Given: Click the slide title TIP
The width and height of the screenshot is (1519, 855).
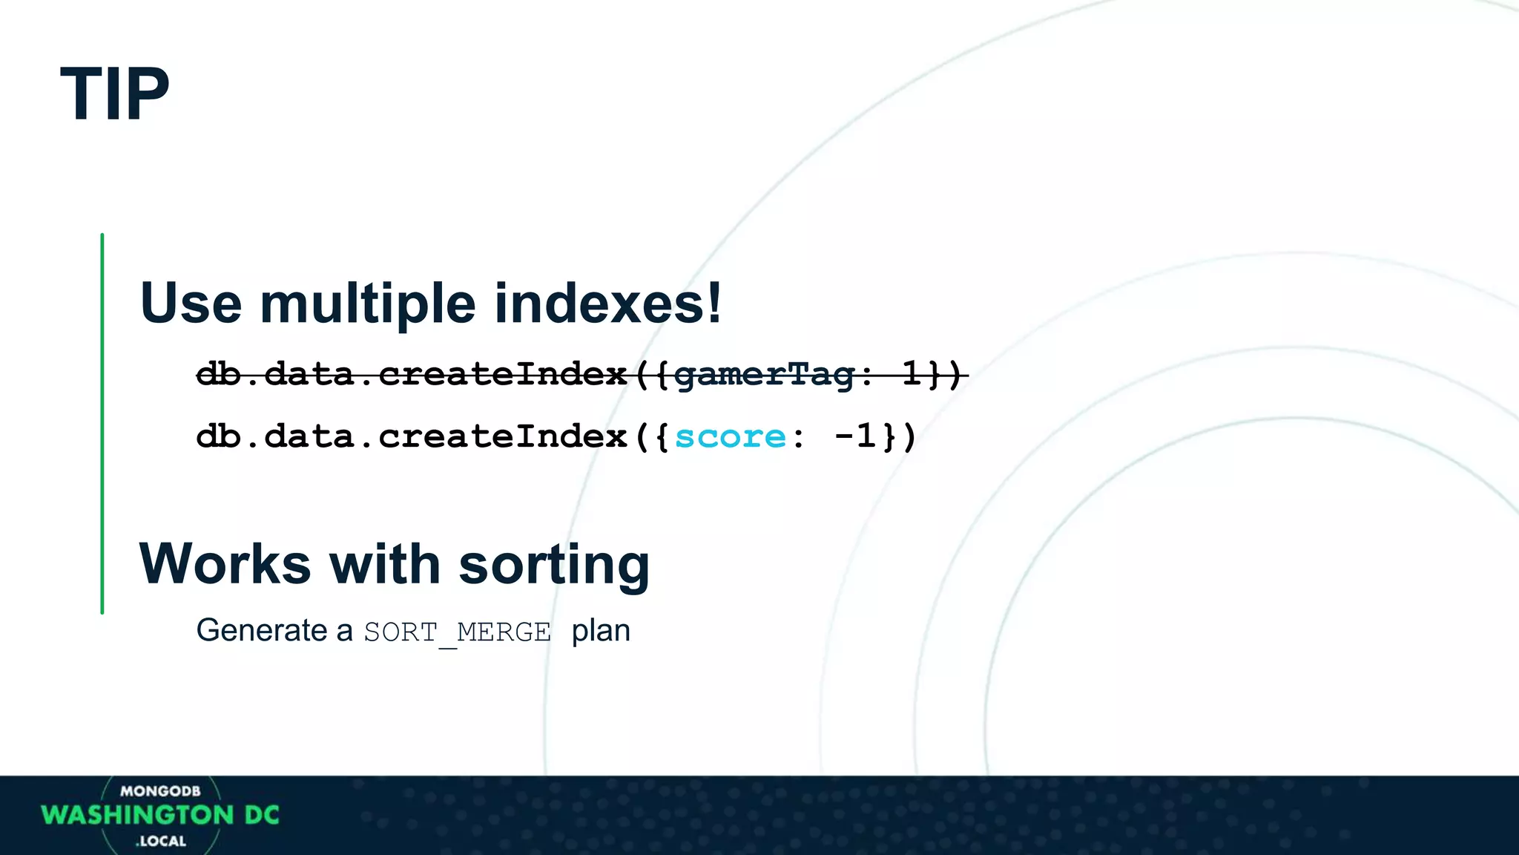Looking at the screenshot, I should [x=115, y=94].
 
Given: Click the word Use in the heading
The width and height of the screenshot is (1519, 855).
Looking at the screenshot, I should [x=191, y=303].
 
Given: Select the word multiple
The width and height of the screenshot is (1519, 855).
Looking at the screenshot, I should [x=367, y=303].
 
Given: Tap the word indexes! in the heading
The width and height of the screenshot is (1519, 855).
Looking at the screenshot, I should [x=607, y=303].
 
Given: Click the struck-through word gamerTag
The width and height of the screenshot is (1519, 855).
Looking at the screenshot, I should [x=764, y=374].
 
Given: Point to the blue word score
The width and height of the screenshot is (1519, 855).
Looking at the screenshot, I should [x=730, y=436].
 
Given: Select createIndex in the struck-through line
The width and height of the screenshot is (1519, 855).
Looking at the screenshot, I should [x=503, y=374].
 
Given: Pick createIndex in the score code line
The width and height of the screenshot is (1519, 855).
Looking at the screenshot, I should [x=503, y=436].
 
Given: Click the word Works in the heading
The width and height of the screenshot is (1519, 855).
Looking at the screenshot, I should [x=225, y=564].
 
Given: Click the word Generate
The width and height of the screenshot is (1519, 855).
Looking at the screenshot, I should [x=262, y=631].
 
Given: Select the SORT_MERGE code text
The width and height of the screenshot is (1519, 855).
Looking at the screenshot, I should [x=457, y=632].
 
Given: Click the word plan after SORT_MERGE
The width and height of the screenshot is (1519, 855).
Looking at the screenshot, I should [x=601, y=631].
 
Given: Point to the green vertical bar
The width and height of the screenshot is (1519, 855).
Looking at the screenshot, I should [x=102, y=423].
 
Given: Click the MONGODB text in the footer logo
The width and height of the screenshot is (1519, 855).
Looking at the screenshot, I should [x=160, y=791].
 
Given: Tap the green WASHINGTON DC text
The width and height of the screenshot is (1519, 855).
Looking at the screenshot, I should [x=160, y=815].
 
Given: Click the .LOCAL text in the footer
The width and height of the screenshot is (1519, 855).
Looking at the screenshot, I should [x=161, y=841].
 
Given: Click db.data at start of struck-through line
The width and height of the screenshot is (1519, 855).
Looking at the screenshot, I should [x=274, y=374].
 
